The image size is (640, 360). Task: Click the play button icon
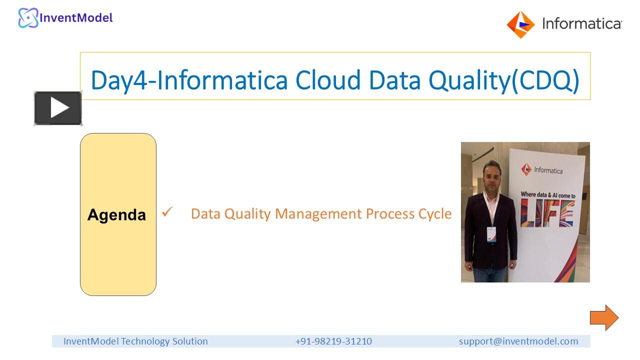58,108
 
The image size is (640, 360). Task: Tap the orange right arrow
604,317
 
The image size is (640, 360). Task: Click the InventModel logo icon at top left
28,18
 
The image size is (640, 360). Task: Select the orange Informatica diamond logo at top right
520,24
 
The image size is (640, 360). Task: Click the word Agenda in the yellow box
116,215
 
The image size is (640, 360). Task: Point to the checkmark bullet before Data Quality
167,213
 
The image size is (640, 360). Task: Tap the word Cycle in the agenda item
434,214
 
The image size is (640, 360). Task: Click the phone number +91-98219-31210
333,341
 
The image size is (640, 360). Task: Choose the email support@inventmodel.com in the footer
518,341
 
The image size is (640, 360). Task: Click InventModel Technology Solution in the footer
135,341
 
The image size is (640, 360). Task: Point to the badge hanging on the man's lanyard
491,233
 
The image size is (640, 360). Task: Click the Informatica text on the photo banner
548,170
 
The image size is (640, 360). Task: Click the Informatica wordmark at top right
582,23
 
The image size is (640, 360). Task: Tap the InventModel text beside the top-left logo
76,18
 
